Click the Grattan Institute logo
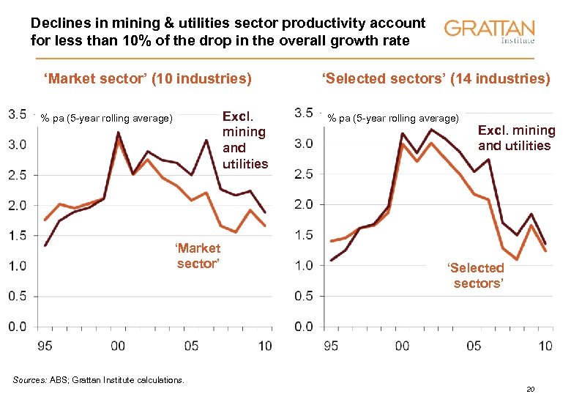(490, 31)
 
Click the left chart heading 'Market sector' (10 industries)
(148, 78)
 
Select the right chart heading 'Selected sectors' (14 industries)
(436, 78)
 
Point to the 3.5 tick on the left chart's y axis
(18, 114)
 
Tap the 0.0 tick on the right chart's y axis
(303, 327)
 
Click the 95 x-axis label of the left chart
(45, 345)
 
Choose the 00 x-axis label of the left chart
(118, 345)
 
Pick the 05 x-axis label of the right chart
(474, 345)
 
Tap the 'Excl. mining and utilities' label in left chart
(245, 140)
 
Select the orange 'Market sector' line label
(198, 256)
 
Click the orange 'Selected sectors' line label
(477, 275)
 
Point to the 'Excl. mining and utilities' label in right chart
(516, 138)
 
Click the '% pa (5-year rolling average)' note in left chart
(107, 118)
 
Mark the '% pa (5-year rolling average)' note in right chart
(393, 118)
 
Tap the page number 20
(531, 390)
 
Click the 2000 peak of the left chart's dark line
(118, 133)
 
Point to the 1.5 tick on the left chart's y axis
(18, 235)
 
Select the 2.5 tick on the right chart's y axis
(303, 174)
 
